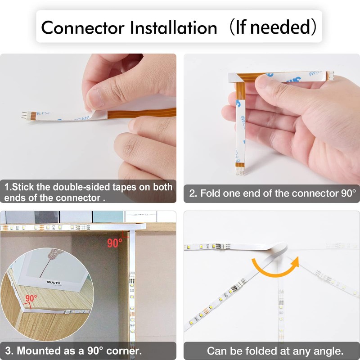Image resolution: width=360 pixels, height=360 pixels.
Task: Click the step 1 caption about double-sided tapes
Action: pyautogui.click(x=88, y=192)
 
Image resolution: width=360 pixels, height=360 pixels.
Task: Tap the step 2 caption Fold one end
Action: pyautogui.click(x=272, y=193)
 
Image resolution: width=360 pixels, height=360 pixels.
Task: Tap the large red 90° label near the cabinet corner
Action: pyautogui.click(x=115, y=243)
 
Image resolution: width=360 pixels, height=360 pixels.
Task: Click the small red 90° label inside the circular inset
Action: pyautogui.click(x=31, y=298)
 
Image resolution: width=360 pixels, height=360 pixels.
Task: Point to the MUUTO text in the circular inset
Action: pyautogui.click(x=54, y=283)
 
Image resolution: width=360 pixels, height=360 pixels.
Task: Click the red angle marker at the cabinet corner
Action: pyautogui.click(x=127, y=234)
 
